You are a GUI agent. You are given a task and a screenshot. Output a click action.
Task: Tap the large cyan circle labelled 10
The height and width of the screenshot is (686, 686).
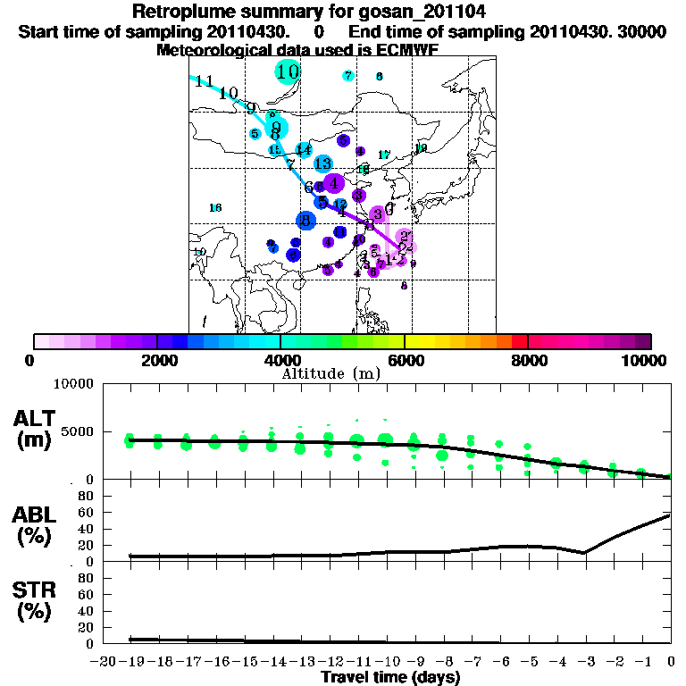click(x=288, y=71)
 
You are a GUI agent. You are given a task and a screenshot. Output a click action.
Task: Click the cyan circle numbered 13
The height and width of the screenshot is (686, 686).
click(x=323, y=164)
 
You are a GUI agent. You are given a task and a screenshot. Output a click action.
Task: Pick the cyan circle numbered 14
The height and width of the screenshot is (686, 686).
click(x=304, y=149)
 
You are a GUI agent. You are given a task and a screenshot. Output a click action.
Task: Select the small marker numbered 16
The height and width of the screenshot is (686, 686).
click(x=215, y=208)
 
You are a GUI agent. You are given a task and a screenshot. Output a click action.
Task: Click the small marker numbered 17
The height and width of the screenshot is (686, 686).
click(x=384, y=155)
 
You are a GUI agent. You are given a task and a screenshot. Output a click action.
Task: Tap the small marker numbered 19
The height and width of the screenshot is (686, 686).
click(x=421, y=148)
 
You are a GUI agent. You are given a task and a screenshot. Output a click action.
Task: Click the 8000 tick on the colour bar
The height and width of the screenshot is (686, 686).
click(x=528, y=340)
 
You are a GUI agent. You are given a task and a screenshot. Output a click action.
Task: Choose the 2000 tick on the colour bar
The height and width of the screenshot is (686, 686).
click(x=157, y=340)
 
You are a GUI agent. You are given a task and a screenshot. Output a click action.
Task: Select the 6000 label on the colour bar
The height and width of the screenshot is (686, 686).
click(x=404, y=360)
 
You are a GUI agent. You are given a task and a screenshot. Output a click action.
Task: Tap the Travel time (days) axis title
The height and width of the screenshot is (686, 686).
click(x=390, y=678)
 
